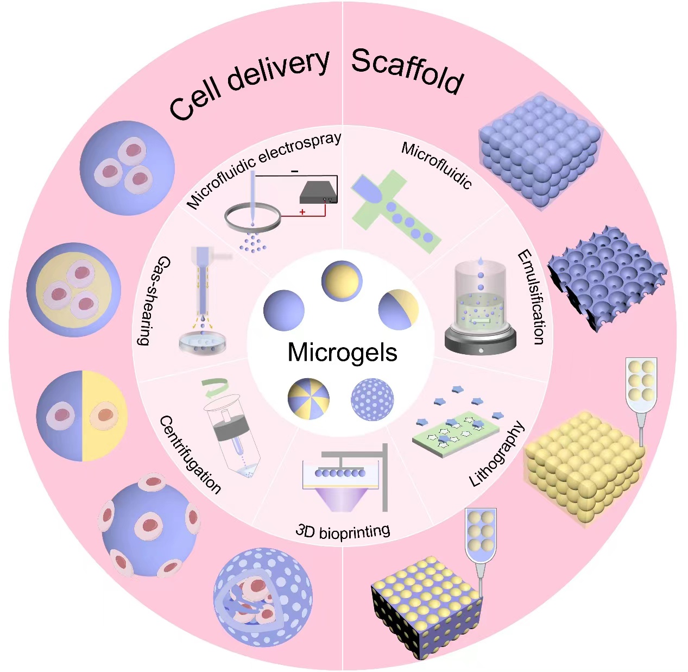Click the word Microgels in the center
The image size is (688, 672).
coord(342,353)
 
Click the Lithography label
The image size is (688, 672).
coord(497,454)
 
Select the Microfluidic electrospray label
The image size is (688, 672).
coord(264,169)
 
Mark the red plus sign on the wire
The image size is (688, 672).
coord(302,212)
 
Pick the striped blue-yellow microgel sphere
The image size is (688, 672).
coord(308,399)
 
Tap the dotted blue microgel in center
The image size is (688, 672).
coord(372,399)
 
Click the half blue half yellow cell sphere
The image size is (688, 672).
coord(82,416)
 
